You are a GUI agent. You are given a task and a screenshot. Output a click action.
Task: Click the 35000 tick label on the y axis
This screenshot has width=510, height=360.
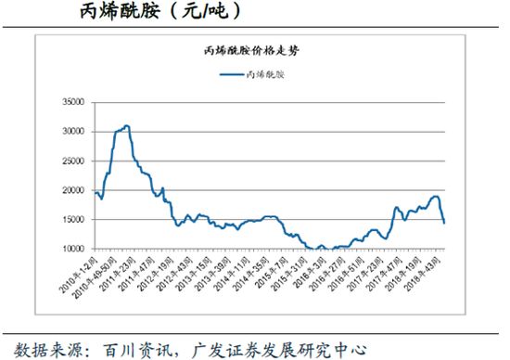click(72, 103)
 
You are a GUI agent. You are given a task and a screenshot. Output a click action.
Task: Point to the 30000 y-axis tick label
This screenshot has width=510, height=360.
click(72, 132)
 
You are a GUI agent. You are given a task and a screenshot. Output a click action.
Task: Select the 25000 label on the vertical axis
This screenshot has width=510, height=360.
click(72, 161)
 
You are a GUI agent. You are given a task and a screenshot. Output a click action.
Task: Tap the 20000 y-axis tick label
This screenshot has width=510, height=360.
click(72, 190)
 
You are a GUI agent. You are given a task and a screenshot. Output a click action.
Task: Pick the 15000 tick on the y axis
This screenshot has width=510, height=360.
click(72, 220)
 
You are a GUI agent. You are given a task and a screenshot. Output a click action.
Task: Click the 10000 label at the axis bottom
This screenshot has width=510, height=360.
click(72, 249)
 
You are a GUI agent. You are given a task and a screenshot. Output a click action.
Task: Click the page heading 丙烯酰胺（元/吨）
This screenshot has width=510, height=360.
click(147, 12)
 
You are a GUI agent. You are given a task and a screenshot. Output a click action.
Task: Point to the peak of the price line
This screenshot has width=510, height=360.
click(127, 125)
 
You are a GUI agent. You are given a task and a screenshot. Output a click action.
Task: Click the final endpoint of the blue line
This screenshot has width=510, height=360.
click(444, 223)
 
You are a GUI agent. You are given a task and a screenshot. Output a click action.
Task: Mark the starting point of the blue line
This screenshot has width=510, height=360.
click(95, 193)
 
